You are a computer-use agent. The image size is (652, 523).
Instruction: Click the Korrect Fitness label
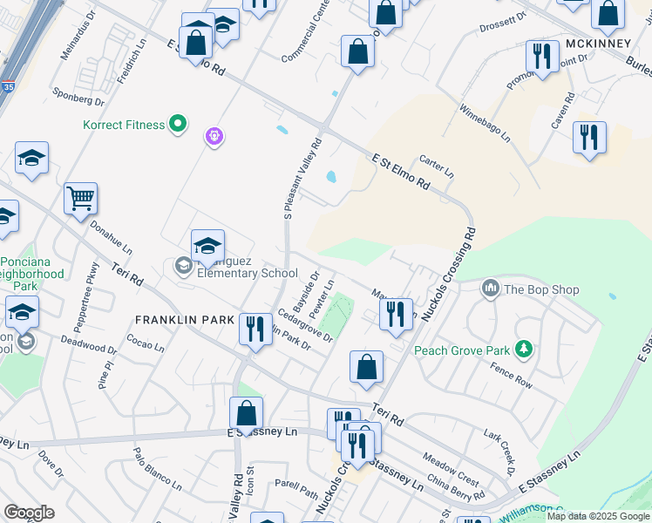[124, 125]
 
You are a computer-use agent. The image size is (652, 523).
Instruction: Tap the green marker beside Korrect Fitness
[178, 125]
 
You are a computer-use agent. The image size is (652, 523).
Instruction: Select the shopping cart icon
[80, 199]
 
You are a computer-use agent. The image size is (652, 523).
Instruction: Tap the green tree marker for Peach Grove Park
[523, 350]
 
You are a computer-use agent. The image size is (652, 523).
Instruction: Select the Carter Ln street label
[437, 167]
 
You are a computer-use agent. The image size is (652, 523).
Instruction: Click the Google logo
[29, 513]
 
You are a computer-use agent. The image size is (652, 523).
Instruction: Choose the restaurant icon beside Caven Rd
[589, 138]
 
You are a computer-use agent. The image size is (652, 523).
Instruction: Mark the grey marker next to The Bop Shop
[490, 288]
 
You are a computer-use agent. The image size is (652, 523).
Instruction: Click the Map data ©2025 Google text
[599, 516]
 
